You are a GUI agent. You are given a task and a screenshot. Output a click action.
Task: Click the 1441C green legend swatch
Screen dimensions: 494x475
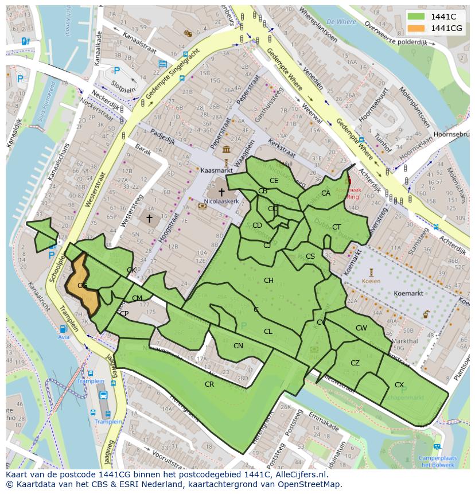416,17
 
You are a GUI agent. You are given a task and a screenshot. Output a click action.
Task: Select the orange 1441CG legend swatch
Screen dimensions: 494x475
416,28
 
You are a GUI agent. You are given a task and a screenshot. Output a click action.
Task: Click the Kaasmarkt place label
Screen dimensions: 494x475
215,170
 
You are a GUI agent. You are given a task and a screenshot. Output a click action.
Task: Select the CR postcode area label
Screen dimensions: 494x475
209,384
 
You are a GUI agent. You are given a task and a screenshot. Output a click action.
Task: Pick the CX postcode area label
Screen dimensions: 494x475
399,384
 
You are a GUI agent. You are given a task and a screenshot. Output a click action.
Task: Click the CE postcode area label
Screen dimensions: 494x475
274,180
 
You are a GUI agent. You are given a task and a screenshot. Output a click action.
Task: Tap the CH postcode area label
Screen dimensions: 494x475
268,280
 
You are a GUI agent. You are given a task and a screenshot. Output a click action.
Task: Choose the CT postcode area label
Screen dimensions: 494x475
336,227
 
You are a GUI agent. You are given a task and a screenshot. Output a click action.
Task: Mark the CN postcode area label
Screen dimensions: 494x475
238,345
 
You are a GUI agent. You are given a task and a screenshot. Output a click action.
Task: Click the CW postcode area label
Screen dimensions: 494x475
361,328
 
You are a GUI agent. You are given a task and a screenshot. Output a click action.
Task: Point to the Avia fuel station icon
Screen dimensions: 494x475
63,329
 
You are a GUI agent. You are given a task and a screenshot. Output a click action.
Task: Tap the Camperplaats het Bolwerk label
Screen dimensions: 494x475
437,461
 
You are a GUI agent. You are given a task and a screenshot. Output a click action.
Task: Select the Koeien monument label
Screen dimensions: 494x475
371,281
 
